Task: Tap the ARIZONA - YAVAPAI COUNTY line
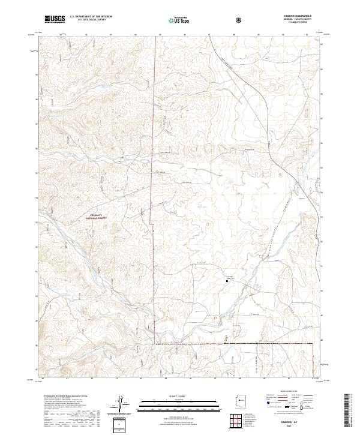(x=295, y=21)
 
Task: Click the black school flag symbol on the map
(x=227, y=280)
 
